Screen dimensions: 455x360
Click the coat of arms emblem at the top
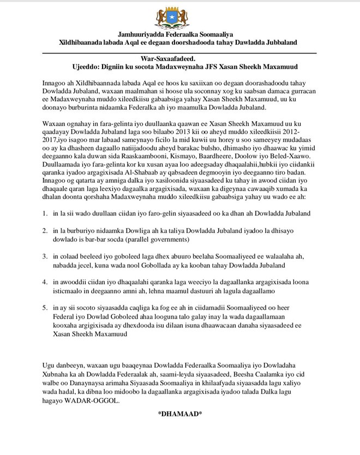point(180,19)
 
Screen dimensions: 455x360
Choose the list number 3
point(45,256)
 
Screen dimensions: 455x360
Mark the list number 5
point(45,309)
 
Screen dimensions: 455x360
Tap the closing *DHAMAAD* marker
point(180,414)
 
